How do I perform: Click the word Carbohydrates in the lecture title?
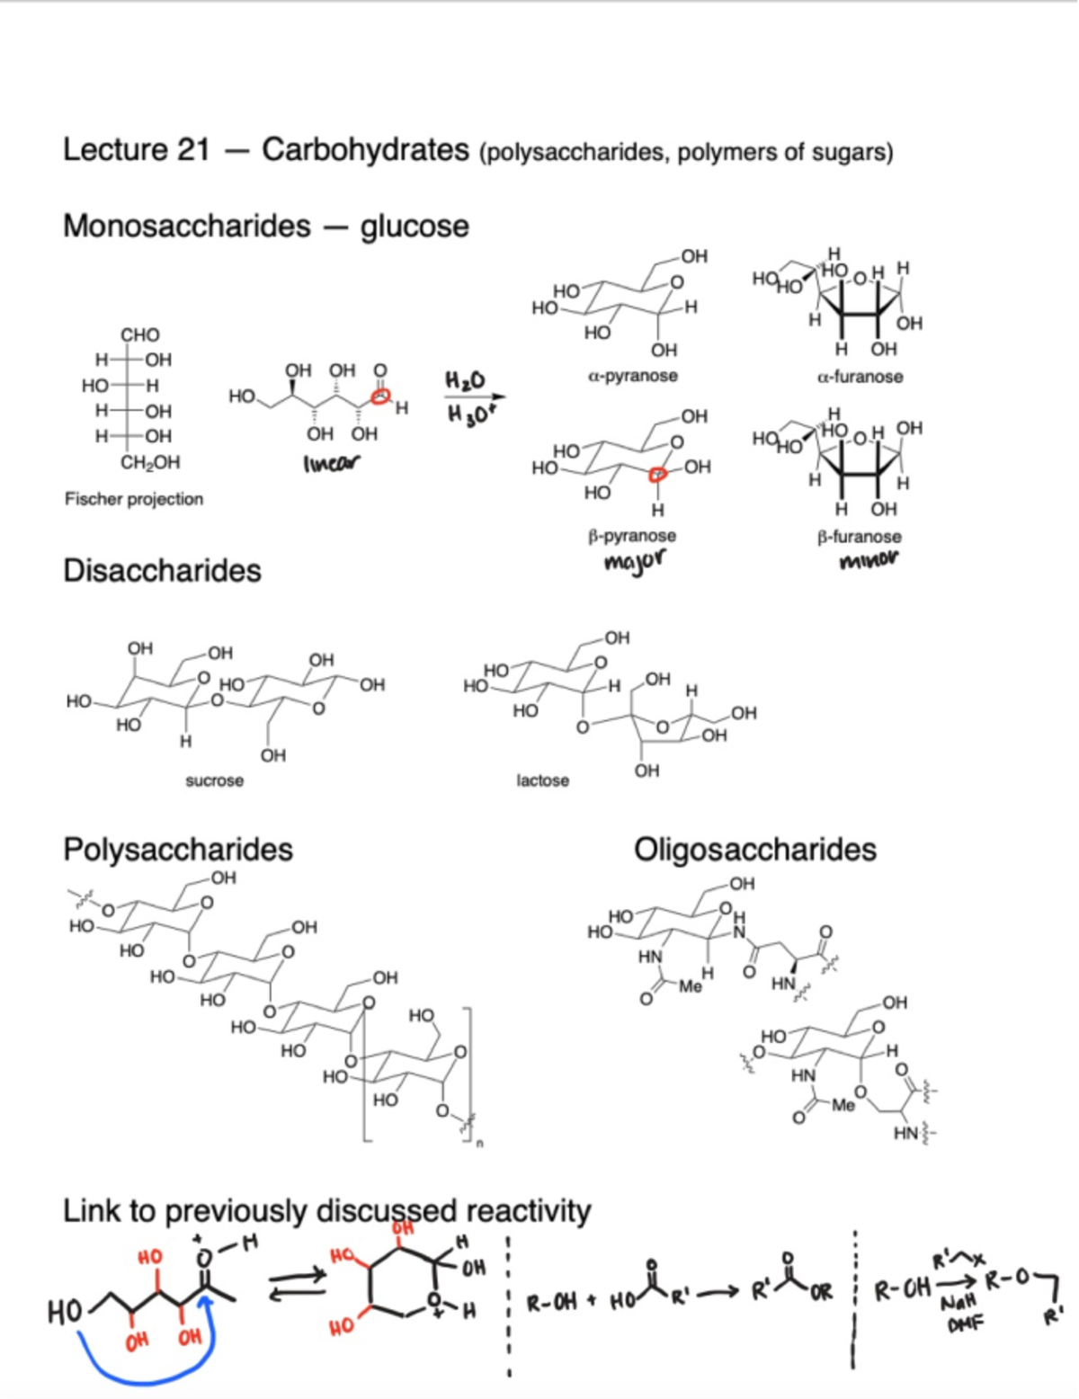click(x=365, y=150)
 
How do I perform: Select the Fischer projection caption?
click(x=134, y=499)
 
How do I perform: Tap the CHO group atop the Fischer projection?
click(x=140, y=334)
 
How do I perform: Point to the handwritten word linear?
click(x=331, y=463)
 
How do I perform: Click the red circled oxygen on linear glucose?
click(x=381, y=395)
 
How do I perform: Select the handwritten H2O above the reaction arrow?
click(x=465, y=381)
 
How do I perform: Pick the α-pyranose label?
click(x=633, y=376)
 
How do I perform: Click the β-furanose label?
click(x=859, y=537)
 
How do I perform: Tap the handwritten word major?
click(x=635, y=562)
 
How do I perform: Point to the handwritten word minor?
click(x=868, y=561)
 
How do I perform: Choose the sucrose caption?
click(x=214, y=780)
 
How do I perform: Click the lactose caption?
click(x=542, y=780)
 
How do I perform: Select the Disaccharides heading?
click(x=162, y=571)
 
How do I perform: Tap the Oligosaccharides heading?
click(x=754, y=850)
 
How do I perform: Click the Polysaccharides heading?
click(x=178, y=850)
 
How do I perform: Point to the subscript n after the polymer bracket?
click(x=479, y=1144)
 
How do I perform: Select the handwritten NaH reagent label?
click(x=959, y=1303)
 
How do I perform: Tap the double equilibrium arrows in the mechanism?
click(x=297, y=1284)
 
